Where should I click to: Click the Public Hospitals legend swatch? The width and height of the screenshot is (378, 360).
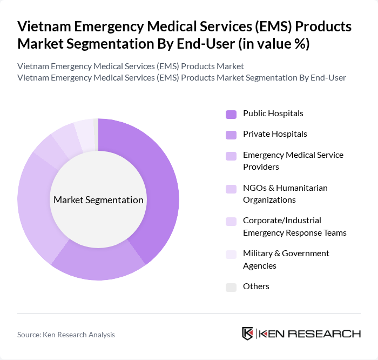point(231,114)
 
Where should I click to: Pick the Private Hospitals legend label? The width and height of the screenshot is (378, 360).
point(275,134)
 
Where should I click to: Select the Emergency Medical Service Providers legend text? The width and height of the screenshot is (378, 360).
point(293,161)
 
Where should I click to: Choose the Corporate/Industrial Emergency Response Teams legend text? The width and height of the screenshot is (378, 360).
point(294,226)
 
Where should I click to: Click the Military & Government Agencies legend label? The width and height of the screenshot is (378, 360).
point(286,259)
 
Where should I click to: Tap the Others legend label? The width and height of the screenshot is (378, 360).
point(256,286)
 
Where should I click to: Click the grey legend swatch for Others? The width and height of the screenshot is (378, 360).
point(231,287)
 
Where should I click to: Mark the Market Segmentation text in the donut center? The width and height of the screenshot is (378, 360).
point(98,200)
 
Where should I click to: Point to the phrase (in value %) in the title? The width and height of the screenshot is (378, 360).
point(270,44)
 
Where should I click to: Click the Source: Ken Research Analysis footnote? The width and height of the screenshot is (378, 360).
point(66,335)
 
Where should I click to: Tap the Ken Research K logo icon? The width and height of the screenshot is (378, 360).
point(247,334)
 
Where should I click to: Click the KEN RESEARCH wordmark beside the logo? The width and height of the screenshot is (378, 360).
point(309,334)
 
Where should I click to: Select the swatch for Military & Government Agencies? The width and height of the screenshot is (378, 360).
point(231,254)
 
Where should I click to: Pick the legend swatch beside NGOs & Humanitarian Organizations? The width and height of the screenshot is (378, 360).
point(231,189)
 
